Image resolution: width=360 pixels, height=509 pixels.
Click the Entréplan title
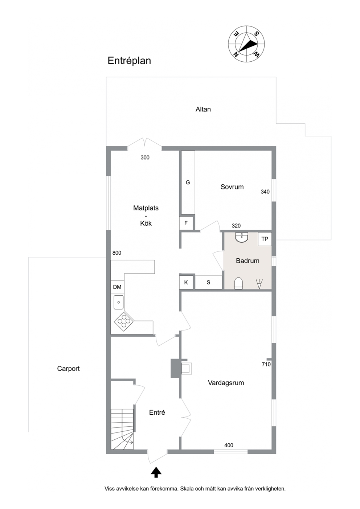click(129, 61)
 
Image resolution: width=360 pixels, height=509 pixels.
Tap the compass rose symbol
click(246, 44)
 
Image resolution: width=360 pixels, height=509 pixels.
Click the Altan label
click(203, 109)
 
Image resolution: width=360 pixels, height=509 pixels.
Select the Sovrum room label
click(232, 187)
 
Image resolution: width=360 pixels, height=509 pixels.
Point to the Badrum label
click(247, 260)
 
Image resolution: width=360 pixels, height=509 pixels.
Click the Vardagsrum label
click(226, 383)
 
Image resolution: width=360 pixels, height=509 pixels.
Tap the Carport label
click(69, 369)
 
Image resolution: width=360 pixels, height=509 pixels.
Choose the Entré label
click(157, 412)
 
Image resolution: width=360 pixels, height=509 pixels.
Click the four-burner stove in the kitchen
click(124, 321)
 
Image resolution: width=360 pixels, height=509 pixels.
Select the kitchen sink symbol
click(118, 302)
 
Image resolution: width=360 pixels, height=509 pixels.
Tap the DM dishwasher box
click(117, 287)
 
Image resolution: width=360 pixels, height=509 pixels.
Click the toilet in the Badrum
click(238, 283)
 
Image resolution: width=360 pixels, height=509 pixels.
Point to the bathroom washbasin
click(242, 238)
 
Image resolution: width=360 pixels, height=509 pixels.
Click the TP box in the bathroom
click(265, 239)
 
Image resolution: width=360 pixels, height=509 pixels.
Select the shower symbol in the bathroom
click(259, 284)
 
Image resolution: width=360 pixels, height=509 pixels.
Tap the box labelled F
click(186, 223)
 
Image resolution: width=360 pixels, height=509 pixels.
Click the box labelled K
click(186, 282)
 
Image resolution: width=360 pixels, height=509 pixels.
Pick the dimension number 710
click(266, 364)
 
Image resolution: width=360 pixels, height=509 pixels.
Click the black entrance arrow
click(156, 472)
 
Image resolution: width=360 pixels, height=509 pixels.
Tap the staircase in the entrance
click(122, 429)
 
